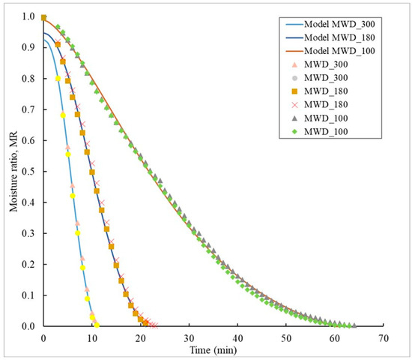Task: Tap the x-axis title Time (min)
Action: coord(213,349)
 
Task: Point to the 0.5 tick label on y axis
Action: coord(28,172)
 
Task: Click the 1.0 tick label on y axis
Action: coord(28,17)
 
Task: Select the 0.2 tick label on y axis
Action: coord(28,265)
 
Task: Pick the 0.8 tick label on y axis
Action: coord(28,79)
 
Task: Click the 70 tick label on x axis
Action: coord(384,337)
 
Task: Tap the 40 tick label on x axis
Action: coord(237,337)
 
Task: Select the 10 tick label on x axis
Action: coord(92,337)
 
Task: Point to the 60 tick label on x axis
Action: coord(335,337)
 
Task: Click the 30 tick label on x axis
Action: coord(189,337)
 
